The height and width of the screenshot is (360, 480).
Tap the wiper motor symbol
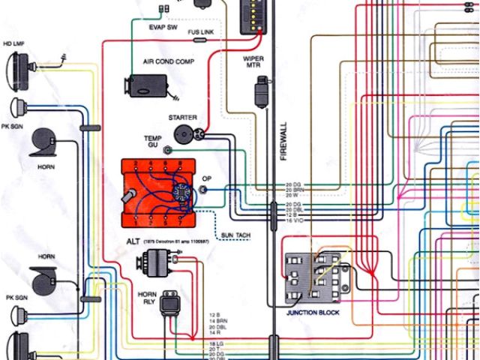262,93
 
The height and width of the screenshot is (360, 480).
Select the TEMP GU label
152,142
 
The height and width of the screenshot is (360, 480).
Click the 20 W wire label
293,196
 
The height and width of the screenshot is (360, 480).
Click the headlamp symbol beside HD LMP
16,68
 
